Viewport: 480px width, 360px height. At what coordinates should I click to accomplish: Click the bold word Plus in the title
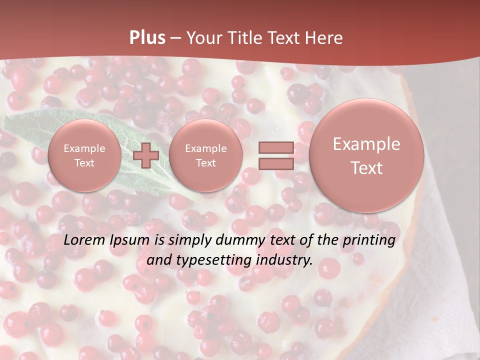point(147,38)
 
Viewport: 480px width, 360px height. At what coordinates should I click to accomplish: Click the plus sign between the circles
point(146,155)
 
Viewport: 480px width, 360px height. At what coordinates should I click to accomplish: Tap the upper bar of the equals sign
point(275,147)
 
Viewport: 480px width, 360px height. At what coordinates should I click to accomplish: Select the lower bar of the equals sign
point(275,163)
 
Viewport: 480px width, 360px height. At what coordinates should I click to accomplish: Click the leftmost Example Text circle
point(84,155)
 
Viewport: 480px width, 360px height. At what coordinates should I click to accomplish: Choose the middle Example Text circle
point(206,155)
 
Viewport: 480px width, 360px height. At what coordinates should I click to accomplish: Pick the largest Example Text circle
point(366,155)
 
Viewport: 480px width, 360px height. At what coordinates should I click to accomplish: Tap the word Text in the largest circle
point(366,168)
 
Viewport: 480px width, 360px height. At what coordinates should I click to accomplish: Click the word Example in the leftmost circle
point(84,148)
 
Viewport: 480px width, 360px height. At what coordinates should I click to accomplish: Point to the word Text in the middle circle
point(206,163)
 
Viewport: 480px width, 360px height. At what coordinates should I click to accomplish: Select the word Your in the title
point(203,38)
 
